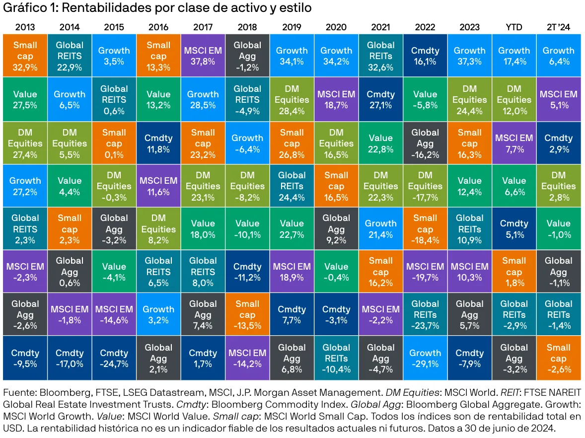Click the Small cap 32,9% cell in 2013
point(25,55)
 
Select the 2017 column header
point(203,27)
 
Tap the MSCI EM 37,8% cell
point(203,55)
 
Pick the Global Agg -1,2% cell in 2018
point(247,55)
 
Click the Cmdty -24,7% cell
point(114,359)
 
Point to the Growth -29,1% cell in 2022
point(425,359)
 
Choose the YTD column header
point(514,27)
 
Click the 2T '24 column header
point(559,27)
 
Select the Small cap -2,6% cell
point(559,359)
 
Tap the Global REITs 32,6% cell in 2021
point(380,55)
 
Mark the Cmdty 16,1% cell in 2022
point(425,55)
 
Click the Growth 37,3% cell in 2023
point(469,55)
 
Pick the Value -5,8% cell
point(425,99)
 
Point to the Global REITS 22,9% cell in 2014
point(70,55)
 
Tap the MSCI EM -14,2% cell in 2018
point(247,359)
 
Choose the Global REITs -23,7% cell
point(425,315)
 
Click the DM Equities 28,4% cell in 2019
point(292,99)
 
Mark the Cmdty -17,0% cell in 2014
point(70,359)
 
